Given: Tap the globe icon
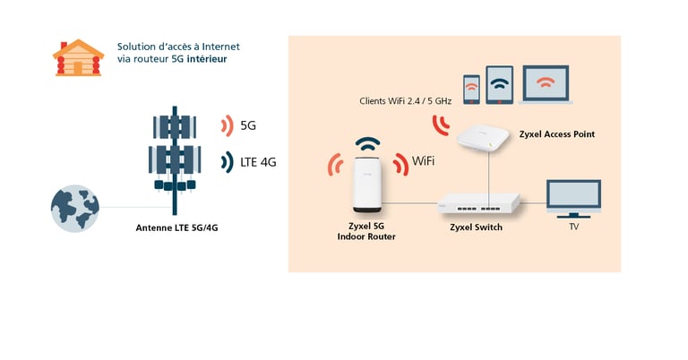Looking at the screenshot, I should pos(74,209).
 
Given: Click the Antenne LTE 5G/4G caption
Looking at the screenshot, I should pos(176,227).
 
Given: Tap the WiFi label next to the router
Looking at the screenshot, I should pos(423,162).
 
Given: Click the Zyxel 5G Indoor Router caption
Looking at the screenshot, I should pos(365,231).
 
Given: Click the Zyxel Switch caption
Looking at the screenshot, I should pos(476,227).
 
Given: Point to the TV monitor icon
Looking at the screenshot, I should pos(573,199).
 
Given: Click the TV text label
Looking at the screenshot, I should pos(574,227).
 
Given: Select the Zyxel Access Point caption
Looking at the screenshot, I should pos(556,134).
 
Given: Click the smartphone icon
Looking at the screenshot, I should pos(471,89).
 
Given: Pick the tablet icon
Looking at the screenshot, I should pos(500,85).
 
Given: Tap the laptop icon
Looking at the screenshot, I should pos(545,86).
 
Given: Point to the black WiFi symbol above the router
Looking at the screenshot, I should pos(368,145).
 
